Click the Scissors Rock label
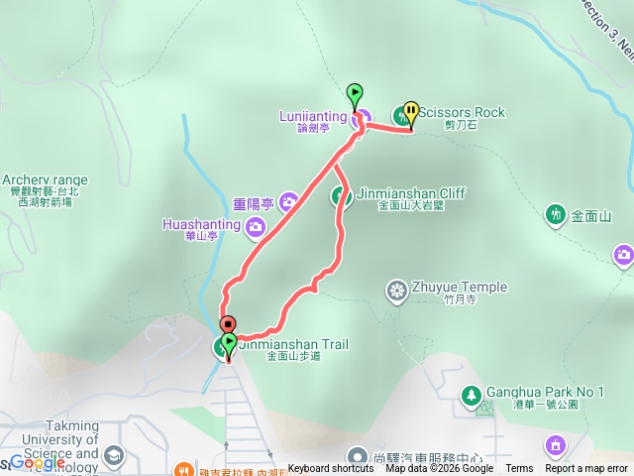point(461,112)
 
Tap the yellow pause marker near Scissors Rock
point(410,112)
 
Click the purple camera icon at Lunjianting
point(363,117)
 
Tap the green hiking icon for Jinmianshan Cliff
point(341,194)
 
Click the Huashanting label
point(200,225)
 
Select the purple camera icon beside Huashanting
point(256,228)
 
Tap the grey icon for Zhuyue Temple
point(396,290)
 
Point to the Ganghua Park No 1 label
point(545,393)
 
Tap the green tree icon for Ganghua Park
point(472,395)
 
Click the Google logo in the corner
point(38,462)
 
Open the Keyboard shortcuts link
point(331,469)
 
